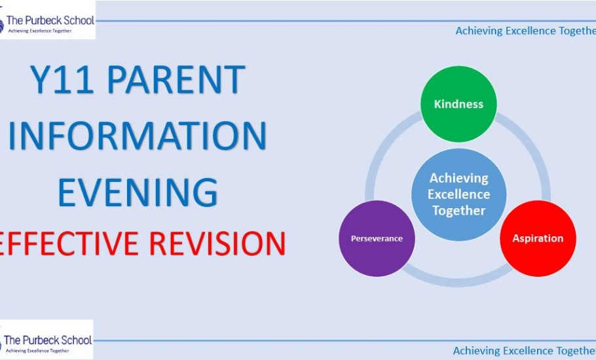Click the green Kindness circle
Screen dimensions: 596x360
[x=458, y=103]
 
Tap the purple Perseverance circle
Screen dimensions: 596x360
[x=377, y=238]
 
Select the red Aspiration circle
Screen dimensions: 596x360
[x=538, y=238]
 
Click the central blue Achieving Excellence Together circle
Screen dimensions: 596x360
[x=458, y=194]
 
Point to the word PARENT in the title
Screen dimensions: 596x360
[x=176, y=79]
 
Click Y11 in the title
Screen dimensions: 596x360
[x=62, y=79]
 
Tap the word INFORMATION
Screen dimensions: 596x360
[x=138, y=135]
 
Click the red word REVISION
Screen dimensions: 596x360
[x=217, y=243]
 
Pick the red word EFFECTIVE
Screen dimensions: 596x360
[x=68, y=243]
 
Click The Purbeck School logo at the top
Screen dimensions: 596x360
[x=48, y=20]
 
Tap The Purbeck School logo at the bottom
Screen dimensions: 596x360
[x=47, y=340]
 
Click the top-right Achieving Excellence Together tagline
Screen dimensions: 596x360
[x=526, y=31]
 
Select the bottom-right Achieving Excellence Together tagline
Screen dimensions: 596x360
[x=525, y=350]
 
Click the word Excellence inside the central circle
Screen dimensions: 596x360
[x=458, y=194]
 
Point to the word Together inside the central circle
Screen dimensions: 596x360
[x=458, y=211]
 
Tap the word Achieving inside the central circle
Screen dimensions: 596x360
[x=458, y=178]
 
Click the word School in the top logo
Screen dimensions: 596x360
[x=79, y=20]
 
